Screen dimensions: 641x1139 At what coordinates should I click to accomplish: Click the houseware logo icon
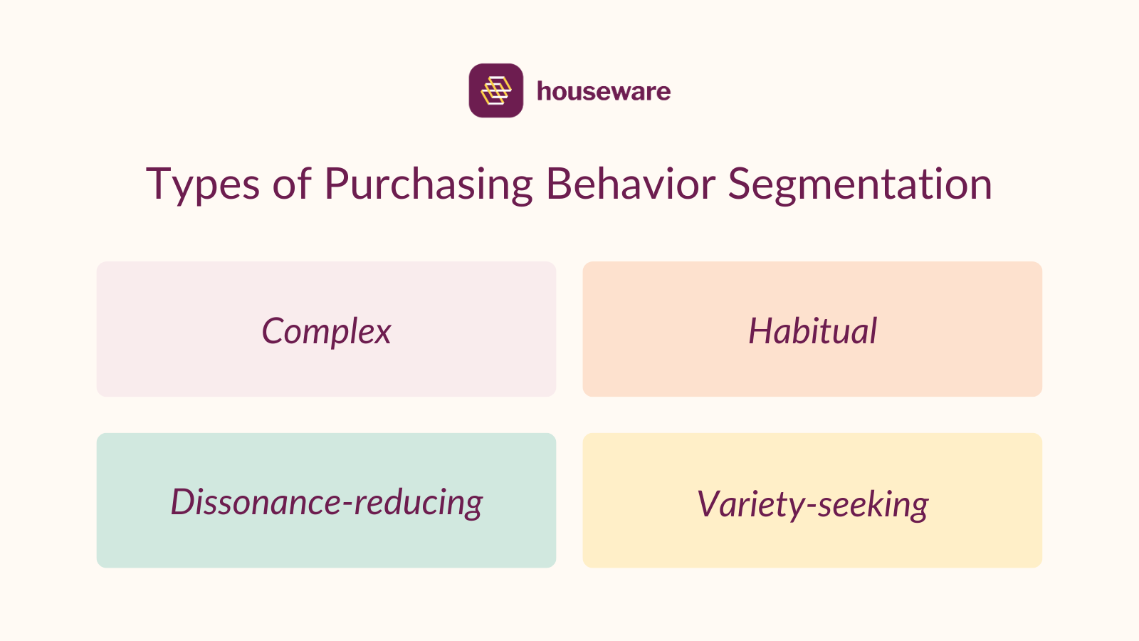[495, 90]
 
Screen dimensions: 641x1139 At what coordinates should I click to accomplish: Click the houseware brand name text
[603, 91]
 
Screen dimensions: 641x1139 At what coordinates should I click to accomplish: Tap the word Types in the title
[203, 184]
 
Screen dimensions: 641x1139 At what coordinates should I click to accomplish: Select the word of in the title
[292, 184]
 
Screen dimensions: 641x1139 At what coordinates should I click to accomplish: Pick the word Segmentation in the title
[859, 184]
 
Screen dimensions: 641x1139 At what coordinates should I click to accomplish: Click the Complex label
[326, 331]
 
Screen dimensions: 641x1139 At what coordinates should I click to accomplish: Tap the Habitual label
[812, 331]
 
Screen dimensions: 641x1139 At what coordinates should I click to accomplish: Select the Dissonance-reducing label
[326, 502]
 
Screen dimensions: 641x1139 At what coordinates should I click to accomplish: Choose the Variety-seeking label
[812, 504]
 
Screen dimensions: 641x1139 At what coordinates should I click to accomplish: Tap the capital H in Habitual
[761, 331]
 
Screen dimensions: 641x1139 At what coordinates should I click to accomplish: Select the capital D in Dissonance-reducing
[183, 501]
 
